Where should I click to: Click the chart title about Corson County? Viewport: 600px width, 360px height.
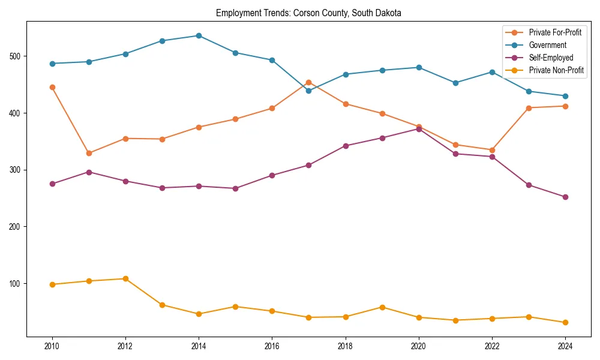[308, 13]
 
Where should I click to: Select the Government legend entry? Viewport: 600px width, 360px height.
[547, 45]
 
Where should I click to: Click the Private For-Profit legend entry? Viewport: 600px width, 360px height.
[555, 32]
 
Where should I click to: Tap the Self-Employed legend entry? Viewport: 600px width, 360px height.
[551, 58]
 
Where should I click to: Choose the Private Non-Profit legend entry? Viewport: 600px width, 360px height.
[556, 70]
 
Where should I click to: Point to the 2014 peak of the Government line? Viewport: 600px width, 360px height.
[199, 35]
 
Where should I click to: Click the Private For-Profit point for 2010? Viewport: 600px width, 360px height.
[52, 87]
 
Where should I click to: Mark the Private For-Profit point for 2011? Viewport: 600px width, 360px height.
[89, 153]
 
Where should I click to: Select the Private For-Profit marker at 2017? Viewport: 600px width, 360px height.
[308, 82]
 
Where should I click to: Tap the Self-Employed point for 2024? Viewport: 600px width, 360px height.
[565, 197]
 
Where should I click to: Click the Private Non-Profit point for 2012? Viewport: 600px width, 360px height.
[125, 278]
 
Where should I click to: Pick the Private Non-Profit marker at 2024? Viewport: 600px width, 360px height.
[565, 322]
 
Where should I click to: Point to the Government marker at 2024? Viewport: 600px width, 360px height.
[565, 96]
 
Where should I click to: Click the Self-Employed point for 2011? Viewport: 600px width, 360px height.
[89, 172]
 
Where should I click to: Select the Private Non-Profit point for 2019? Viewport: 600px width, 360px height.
[382, 307]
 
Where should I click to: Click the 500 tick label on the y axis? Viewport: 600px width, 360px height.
[14, 56]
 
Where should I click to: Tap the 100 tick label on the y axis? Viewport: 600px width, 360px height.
[14, 283]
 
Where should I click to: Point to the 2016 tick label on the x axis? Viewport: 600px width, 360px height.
[272, 347]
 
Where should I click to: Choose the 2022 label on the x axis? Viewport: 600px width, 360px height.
[491, 347]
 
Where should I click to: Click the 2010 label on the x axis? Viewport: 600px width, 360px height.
[52, 347]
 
